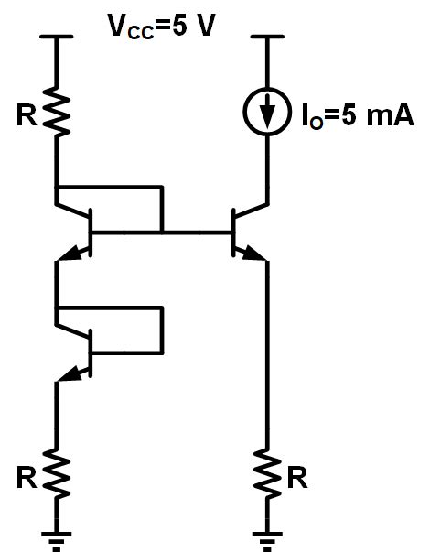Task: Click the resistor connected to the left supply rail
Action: point(58,114)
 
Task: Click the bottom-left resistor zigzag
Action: point(58,474)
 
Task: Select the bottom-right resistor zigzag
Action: point(267,474)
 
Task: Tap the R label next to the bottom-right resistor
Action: point(298,476)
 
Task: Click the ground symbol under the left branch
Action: point(58,537)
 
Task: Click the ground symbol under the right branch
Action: point(267,537)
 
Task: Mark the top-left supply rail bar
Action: point(58,38)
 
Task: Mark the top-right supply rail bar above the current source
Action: point(267,38)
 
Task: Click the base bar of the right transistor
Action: point(231,233)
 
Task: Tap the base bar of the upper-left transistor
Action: point(91,233)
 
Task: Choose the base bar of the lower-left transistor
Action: point(91,352)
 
